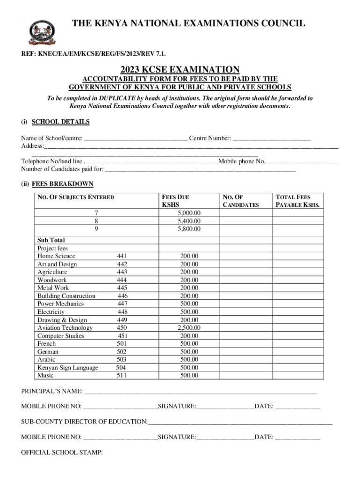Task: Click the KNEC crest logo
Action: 42,32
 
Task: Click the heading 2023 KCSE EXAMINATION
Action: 180,69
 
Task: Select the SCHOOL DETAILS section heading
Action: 60,122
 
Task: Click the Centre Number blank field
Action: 272,139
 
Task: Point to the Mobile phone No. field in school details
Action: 301,162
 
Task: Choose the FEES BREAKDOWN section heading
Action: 62,184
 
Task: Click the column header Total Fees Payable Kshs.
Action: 298,201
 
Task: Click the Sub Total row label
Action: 51,240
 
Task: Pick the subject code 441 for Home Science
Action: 122,256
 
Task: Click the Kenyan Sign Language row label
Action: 68,368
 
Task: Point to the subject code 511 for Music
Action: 122,376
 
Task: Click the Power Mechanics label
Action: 60,304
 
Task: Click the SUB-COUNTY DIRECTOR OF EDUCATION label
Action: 84,422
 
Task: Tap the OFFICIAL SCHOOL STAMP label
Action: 62,453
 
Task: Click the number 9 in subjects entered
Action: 96,229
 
